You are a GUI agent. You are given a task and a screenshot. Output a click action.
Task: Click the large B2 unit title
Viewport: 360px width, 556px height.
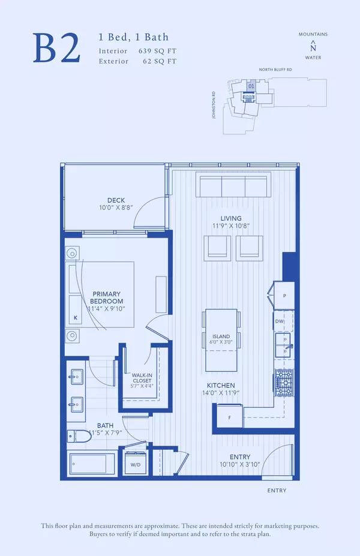(x=57, y=48)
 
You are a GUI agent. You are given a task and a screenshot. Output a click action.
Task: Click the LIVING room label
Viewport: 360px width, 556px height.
(x=231, y=218)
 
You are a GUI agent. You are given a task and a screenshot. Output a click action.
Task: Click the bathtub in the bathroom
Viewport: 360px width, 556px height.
(x=92, y=464)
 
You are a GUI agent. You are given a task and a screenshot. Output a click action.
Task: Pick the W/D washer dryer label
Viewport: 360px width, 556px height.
(x=134, y=464)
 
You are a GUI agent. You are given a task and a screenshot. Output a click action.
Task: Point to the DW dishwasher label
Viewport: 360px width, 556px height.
(x=279, y=321)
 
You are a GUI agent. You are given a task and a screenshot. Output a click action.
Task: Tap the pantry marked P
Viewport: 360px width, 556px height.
(x=284, y=296)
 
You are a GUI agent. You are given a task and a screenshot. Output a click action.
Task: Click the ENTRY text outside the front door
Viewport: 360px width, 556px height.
(x=276, y=491)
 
